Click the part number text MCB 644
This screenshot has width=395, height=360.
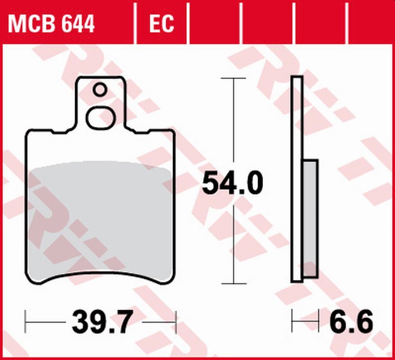(51, 23)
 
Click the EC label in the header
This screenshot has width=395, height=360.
(161, 23)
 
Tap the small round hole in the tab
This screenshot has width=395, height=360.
(100, 90)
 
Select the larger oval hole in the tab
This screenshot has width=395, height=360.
(101, 118)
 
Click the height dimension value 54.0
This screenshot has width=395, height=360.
(232, 184)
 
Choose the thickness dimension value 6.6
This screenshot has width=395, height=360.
(351, 322)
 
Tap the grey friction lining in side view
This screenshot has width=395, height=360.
(310, 216)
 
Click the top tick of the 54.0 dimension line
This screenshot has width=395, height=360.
(233, 78)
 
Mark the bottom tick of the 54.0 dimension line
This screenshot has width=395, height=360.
(233, 283)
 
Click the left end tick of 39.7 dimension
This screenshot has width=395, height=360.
(26, 322)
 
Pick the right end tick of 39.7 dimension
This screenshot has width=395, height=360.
(176, 322)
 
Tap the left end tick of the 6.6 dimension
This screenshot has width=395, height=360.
(292, 322)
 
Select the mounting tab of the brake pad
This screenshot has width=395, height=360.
(100, 103)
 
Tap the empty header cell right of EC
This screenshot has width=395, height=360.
(214, 23)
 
